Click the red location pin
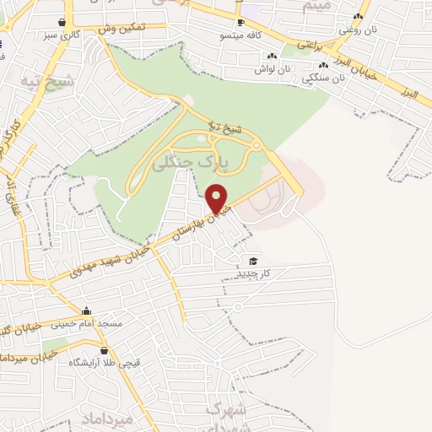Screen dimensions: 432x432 [218, 198]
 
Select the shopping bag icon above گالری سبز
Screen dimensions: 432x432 [62, 23]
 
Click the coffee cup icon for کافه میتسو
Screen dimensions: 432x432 [240, 23]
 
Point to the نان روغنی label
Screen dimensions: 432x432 [355, 30]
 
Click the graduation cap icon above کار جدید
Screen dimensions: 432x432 [251, 261]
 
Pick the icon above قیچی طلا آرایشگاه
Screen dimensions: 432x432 [104, 350]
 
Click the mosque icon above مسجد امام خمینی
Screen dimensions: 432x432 [87, 310]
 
